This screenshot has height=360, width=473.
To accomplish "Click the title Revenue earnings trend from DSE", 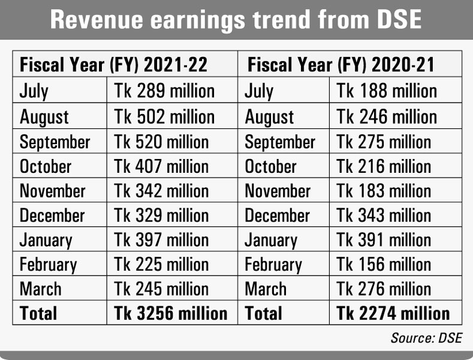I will (x=236, y=20).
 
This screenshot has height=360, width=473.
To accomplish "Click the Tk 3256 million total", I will (x=171, y=313).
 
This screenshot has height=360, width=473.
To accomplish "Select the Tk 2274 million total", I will (x=393, y=313).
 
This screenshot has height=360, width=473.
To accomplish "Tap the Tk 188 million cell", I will (x=387, y=91).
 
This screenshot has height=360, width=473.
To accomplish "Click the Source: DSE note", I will (x=426, y=338).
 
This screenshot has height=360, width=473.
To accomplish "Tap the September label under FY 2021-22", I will (x=55, y=142).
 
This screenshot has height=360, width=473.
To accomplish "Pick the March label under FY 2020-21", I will (x=267, y=289).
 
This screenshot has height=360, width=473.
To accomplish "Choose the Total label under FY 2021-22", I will (x=38, y=313).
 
